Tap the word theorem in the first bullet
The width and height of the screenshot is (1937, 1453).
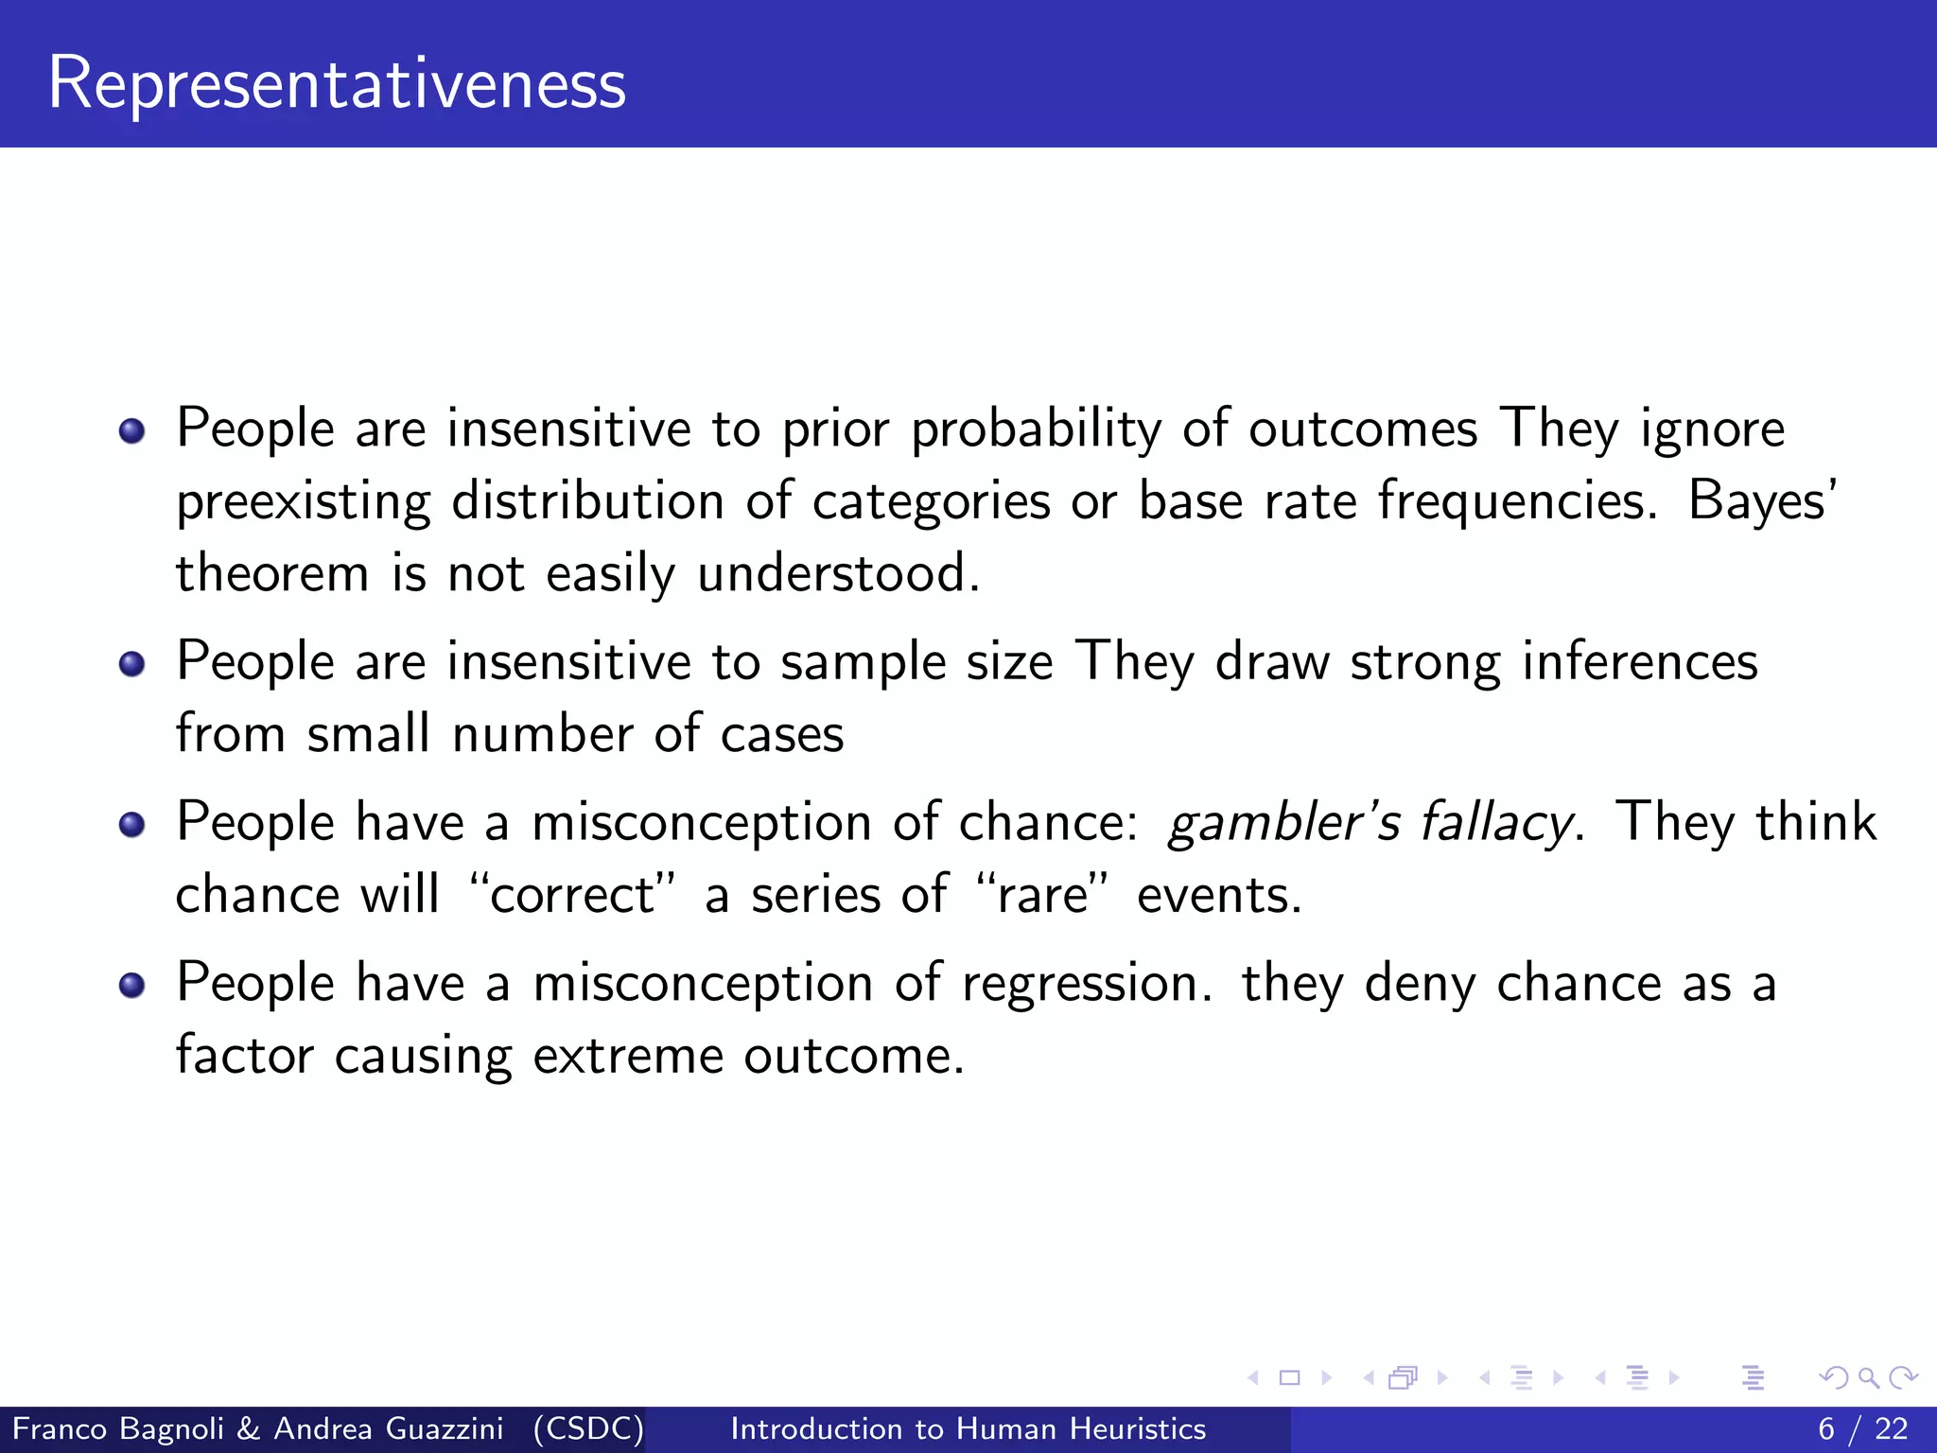point(272,573)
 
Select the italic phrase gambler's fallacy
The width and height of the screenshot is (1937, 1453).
point(1370,821)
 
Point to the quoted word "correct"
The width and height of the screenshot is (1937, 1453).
point(573,894)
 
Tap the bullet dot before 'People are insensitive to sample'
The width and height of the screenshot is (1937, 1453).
point(131,664)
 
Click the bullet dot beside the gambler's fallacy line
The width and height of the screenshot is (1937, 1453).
point(131,824)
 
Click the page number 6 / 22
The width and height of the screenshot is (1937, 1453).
point(1862,1428)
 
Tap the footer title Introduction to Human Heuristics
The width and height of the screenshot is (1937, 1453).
point(968,1428)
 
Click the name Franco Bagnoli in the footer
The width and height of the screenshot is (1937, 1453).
point(118,1428)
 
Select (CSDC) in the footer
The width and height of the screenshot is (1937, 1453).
point(587,1428)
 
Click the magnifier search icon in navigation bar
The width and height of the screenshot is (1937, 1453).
point(1868,1378)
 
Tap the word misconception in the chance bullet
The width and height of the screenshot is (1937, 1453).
point(702,823)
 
